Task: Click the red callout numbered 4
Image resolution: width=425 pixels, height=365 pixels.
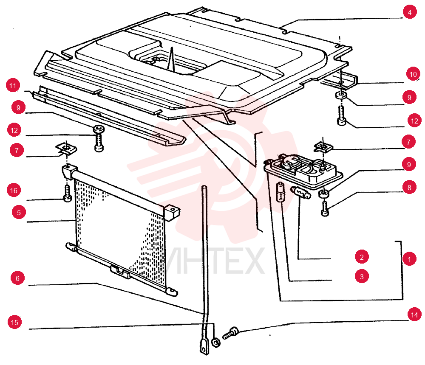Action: (410, 12)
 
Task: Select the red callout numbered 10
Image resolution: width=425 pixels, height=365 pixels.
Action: (413, 74)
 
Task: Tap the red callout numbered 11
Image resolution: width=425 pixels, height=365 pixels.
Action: (13, 86)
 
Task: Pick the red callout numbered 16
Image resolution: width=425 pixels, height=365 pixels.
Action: (14, 191)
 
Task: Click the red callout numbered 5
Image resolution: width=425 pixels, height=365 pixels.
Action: (19, 212)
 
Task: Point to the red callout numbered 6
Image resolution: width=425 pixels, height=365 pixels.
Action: (17, 278)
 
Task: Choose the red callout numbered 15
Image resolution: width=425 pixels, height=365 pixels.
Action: (14, 322)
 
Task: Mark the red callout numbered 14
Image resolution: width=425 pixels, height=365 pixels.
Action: (414, 314)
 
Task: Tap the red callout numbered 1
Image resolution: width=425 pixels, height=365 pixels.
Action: (409, 259)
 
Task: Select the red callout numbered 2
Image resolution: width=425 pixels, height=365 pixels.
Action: (362, 257)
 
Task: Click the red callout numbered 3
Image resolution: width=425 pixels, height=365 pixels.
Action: (362, 276)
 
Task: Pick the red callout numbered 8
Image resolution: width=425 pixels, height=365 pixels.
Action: (409, 187)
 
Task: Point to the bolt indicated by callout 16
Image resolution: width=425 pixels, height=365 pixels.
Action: (67, 194)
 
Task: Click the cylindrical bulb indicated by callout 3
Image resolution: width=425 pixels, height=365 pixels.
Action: (280, 193)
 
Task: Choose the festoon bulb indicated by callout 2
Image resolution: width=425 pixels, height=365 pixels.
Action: (300, 193)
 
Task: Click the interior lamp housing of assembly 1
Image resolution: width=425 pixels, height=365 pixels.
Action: (303, 171)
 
